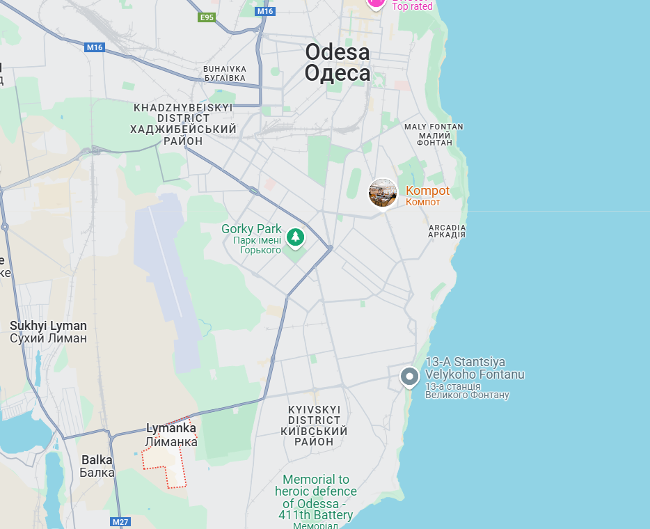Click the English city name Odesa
tap(338, 52)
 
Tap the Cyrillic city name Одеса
tap(338, 73)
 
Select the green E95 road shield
tap(207, 17)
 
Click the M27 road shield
tap(120, 521)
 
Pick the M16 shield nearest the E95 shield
tap(264, 11)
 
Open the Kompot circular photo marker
tap(383, 193)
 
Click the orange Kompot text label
tap(427, 191)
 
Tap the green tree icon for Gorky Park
tap(296, 237)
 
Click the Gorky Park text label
tap(251, 229)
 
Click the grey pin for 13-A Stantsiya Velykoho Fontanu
tap(409, 377)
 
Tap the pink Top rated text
tap(412, 6)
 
